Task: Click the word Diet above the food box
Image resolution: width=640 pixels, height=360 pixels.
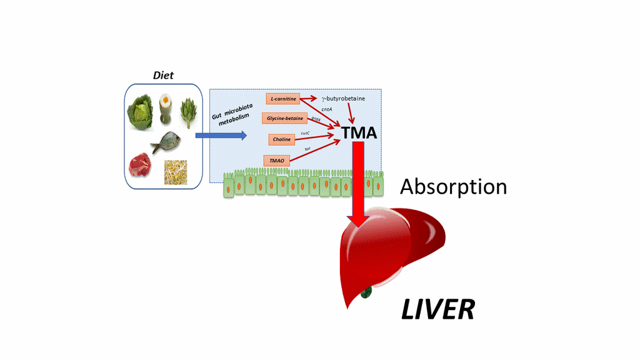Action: coord(163,76)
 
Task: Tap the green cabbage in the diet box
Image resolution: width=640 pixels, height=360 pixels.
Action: coord(140,112)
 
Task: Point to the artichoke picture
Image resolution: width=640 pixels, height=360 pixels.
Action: coord(188,112)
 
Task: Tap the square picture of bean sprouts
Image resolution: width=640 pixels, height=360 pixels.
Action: coord(176,172)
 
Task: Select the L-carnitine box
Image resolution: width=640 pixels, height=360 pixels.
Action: coord(283,99)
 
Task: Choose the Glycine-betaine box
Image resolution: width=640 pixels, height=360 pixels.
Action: coord(285,118)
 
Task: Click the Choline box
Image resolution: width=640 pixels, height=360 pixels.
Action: coord(282,139)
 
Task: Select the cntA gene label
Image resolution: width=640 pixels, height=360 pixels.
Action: coord(326,109)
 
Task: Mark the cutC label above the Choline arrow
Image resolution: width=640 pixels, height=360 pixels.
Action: coord(305,133)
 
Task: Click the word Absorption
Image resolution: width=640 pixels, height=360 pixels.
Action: coord(453,186)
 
